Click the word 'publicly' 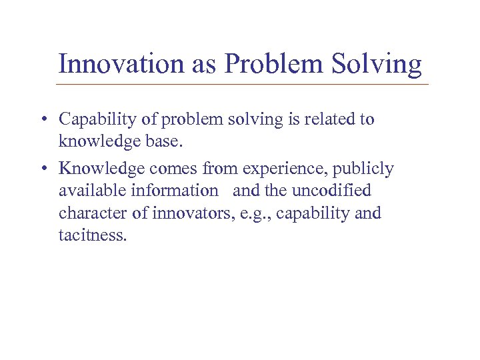tap(367, 169)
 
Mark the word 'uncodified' tap(331, 191)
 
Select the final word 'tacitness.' tap(92, 236)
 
